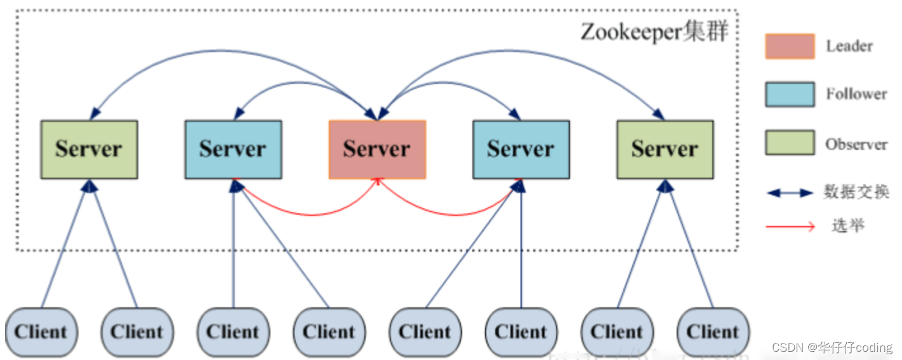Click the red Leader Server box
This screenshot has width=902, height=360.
[377, 149]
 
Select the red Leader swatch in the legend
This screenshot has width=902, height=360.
[790, 46]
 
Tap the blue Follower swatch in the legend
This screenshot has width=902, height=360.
[790, 94]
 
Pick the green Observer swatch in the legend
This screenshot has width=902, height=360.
[790, 143]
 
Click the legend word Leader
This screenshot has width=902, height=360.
[849, 46]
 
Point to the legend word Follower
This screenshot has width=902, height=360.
[856, 94]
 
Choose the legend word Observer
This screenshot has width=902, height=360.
[856, 144]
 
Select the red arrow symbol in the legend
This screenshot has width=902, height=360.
[790, 226]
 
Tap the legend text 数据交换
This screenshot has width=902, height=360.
[856, 192]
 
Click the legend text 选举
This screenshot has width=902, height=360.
[847, 225]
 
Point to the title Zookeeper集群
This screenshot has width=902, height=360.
[654, 32]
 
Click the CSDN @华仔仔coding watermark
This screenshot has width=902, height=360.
[832, 347]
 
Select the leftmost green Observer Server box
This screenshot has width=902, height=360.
[89, 149]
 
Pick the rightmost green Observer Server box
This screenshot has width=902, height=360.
[665, 149]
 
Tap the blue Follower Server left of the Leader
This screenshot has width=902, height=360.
[233, 149]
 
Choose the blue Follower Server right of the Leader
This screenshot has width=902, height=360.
[521, 149]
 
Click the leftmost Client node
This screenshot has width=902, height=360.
[41, 332]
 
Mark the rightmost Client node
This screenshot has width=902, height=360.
[713, 332]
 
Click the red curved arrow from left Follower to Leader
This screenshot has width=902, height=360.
[305, 212]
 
